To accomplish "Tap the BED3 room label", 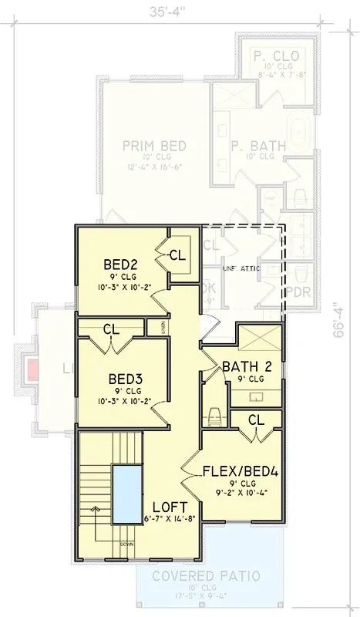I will [125, 379].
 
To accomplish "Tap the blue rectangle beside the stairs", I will [126, 493].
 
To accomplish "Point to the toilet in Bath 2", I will [215, 415].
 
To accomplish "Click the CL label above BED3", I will [112, 329].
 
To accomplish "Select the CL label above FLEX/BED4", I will [257, 419].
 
